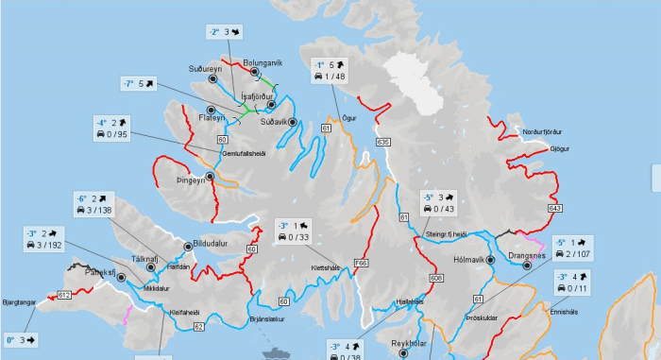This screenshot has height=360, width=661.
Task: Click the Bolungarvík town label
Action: coord(263,63)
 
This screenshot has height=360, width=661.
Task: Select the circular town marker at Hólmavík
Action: coord(490,259)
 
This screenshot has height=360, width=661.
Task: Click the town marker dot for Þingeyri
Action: coord(210,177)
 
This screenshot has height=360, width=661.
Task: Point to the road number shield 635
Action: coord(382,142)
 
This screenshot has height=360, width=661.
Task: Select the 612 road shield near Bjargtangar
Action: coord(64,296)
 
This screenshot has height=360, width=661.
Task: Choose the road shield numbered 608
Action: coord(436,279)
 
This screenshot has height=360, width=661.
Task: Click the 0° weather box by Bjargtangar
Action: coord(21,338)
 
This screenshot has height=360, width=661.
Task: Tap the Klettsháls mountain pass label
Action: coord(297,266)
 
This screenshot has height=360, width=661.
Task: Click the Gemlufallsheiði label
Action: coord(244,153)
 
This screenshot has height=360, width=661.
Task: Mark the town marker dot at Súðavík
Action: coord(292,123)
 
